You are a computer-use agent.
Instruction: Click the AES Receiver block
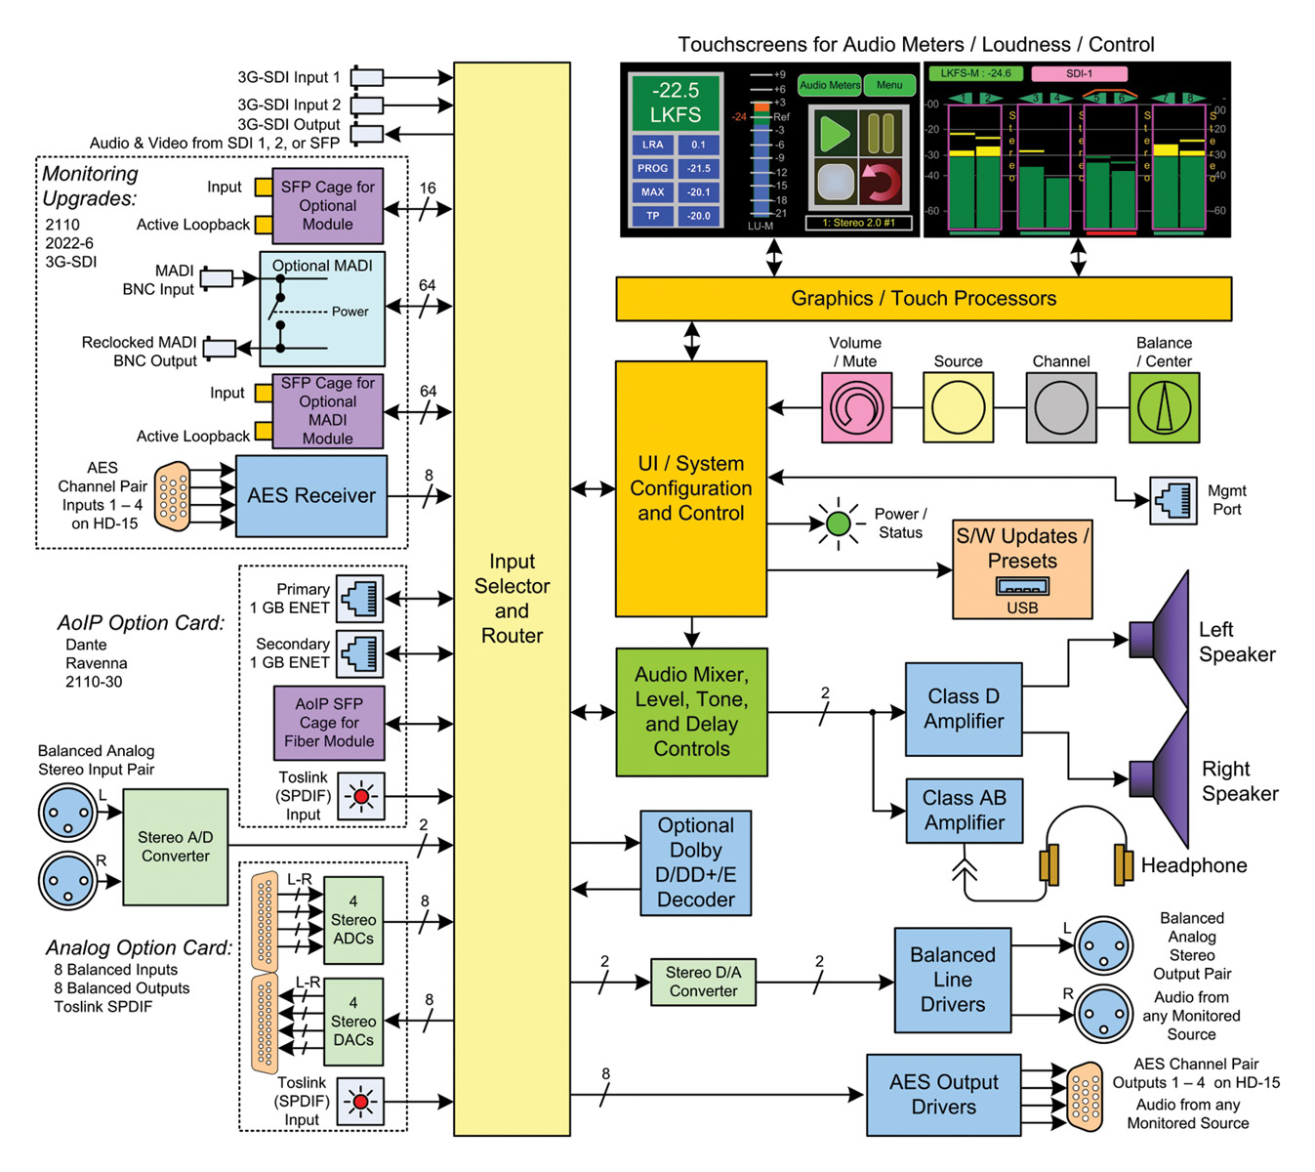[x=311, y=495]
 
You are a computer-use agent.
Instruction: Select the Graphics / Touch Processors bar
[x=923, y=299]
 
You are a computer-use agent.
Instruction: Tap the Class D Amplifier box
[x=964, y=709]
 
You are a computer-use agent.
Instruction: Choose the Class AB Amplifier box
[x=964, y=811]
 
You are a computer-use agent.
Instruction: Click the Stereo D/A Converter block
[x=703, y=982]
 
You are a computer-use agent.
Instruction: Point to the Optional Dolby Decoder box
[x=695, y=862]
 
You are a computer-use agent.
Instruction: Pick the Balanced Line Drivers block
[x=952, y=980]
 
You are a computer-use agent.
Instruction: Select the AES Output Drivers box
[x=943, y=1095]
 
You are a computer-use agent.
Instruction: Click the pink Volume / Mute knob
[x=856, y=407]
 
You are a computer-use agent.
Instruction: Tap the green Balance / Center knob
[x=1164, y=407]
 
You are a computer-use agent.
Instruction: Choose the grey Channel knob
[x=1060, y=407]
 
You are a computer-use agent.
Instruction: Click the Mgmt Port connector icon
[x=1172, y=500]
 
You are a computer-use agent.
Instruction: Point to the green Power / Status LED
[x=838, y=523]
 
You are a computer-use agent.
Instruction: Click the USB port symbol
[x=1022, y=587]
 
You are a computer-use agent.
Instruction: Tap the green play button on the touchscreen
[x=835, y=133]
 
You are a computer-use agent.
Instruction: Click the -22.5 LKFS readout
[x=675, y=103]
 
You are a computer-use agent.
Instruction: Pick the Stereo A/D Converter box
[x=176, y=847]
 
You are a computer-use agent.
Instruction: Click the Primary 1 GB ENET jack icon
[x=359, y=598]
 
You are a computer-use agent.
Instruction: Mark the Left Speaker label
[x=1236, y=642]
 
